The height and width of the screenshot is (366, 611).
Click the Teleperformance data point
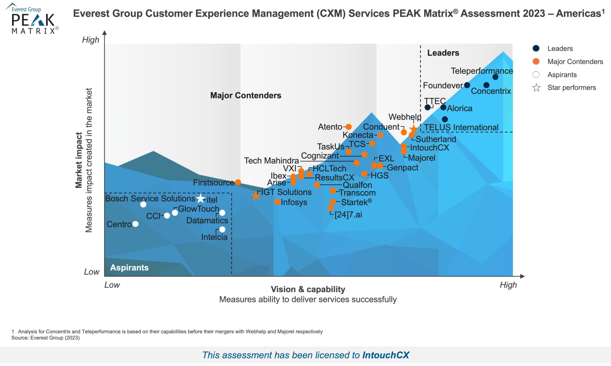(495, 77)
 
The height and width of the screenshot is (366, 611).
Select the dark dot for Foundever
(467, 86)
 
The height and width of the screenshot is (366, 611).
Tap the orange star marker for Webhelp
(413, 129)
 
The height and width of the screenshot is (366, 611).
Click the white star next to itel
(200, 198)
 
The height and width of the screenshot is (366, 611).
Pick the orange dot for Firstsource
(238, 182)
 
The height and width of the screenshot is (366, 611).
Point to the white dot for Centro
(135, 224)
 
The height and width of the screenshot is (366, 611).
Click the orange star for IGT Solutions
(256, 196)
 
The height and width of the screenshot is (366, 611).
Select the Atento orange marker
(348, 127)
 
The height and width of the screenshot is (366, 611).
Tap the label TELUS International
(461, 128)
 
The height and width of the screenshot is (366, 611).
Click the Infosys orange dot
(277, 202)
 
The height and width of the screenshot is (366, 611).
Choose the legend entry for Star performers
(571, 88)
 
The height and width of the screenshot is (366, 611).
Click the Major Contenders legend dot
(536, 61)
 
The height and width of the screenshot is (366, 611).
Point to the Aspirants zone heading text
(129, 267)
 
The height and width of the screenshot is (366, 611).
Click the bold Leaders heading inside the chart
(443, 53)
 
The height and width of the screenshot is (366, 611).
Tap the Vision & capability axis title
(308, 289)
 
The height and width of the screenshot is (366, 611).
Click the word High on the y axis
(91, 40)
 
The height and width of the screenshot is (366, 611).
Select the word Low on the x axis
(112, 285)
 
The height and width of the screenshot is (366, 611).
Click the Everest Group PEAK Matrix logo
(33, 19)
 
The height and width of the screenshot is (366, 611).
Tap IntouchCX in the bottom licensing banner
(385, 355)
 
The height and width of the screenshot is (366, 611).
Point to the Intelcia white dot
(222, 229)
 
